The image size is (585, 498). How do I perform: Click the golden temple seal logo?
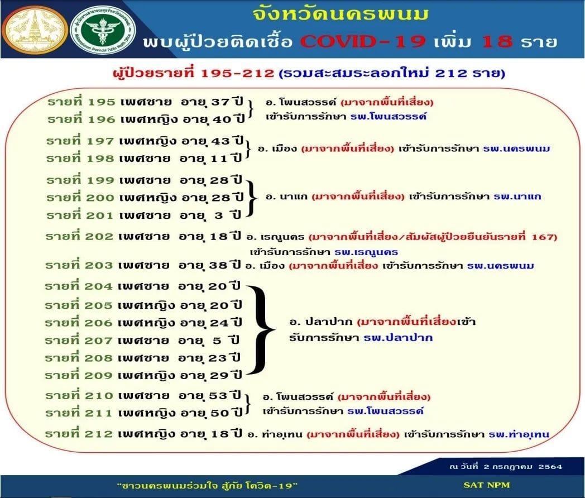tap(35, 30)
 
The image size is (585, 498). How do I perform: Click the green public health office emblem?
tap(103, 30)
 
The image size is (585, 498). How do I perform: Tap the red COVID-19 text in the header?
tap(363, 41)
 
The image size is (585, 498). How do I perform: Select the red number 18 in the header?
tap(498, 41)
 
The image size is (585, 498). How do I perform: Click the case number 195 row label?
tap(81, 102)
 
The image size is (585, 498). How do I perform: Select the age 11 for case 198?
tap(219, 159)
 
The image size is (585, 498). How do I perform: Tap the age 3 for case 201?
tap(219, 216)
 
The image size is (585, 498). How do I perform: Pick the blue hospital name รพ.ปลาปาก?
tap(398, 338)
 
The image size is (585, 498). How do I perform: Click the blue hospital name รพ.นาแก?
tap(517, 196)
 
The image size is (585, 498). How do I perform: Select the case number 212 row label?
tap(79, 433)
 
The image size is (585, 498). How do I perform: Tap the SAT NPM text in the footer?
tap(487, 485)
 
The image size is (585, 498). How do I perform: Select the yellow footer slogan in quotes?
tap(208, 485)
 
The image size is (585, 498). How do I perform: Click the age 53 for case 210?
tap(218, 395)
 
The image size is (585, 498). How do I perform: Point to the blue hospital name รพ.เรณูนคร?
tap(366, 252)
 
